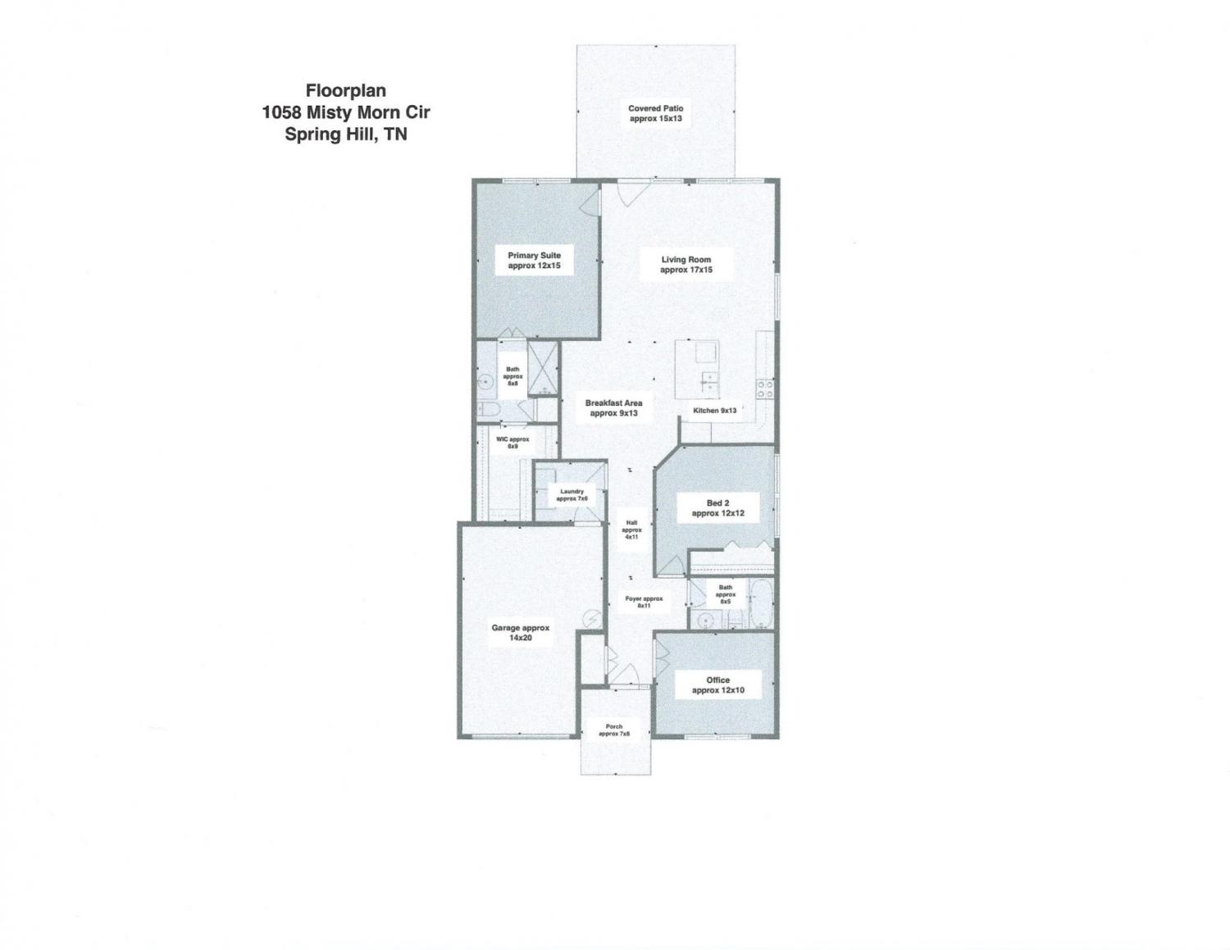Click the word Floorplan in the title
click(346, 90)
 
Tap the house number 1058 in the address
click(281, 112)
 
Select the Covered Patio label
click(655, 113)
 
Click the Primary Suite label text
click(535, 261)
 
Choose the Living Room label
click(686, 265)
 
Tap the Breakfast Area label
click(613, 408)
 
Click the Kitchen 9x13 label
click(715, 410)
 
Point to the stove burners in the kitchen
click(766, 389)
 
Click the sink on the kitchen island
click(708, 377)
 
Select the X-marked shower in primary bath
click(543, 368)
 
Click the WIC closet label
click(512, 443)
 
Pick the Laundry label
click(572, 495)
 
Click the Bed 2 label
click(717, 508)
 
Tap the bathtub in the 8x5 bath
click(761, 603)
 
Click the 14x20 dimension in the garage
click(520, 638)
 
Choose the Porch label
click(614, 730)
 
